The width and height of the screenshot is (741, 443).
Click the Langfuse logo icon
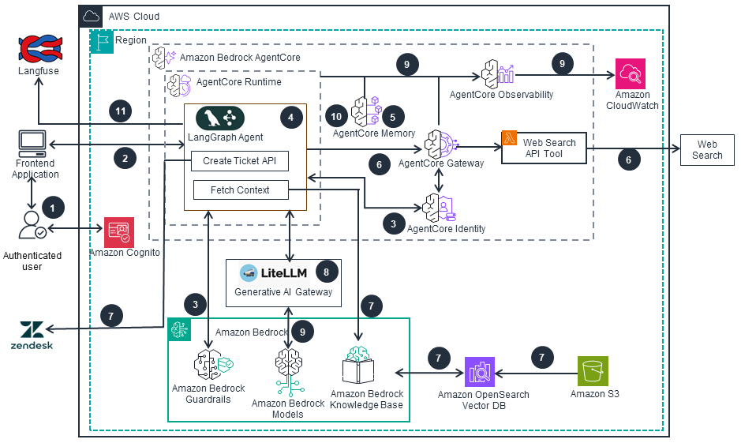tap(39, 48)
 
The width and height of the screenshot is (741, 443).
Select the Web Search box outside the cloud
tap(706, 149)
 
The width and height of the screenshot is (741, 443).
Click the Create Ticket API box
tap(239, 161)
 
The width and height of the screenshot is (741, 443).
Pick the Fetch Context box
tap(240, 190)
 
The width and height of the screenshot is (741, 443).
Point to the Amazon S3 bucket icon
tap(593, 371)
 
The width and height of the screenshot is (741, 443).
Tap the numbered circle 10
tap(336, 117)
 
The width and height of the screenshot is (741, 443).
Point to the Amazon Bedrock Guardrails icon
tap(210, 365)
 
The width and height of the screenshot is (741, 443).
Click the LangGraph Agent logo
tap(220, 118)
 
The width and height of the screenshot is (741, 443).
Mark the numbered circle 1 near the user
tap(54, 208)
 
